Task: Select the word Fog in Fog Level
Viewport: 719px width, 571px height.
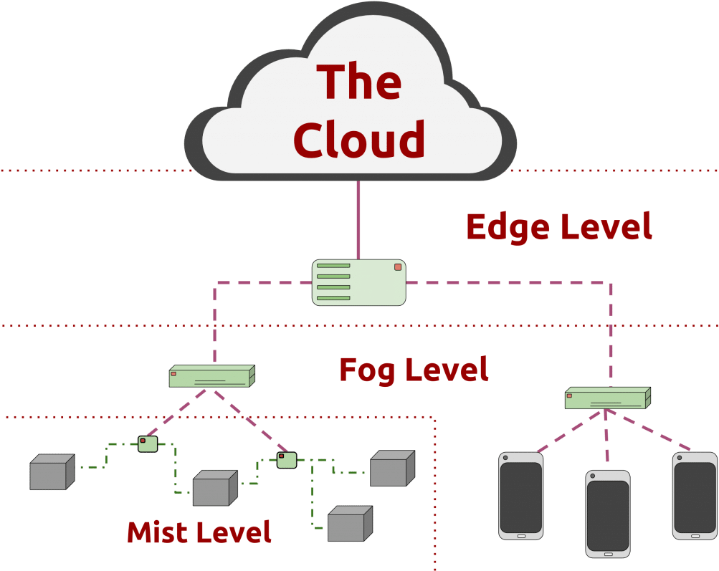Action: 368,370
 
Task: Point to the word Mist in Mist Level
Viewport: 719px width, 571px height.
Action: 156,532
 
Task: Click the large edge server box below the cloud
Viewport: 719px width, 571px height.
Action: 359,282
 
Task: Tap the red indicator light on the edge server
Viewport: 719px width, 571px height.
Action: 398,267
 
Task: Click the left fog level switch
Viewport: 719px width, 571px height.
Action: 211,376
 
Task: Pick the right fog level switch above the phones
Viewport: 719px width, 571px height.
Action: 607,398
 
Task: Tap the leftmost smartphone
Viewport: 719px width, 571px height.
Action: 521,496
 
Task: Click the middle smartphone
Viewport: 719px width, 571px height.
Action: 608,514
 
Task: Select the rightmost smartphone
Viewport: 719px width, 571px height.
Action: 695,496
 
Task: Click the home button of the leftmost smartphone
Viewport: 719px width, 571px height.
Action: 521,535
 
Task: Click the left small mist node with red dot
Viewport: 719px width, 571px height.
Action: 148,443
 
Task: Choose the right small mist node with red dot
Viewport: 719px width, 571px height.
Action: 287,459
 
